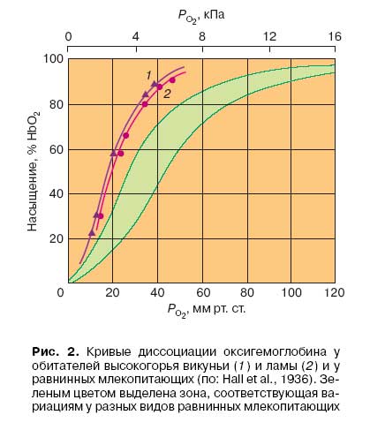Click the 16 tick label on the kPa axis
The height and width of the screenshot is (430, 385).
coord(335,36)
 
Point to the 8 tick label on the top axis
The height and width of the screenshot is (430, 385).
coord(202,36)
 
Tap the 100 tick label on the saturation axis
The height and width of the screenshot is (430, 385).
coord(54,59)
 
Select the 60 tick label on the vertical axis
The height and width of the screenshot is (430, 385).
coord(57,149)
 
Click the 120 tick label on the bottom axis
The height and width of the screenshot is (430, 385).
coord(335,292)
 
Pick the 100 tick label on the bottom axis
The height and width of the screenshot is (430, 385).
coord(291,292)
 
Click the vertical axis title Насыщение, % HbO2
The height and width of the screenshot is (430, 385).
coord(33,171)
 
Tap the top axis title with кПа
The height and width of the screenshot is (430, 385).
coord(201,16)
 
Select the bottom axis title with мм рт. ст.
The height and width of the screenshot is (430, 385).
coord(207,310)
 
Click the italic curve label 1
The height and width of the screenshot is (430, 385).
coord(149,75)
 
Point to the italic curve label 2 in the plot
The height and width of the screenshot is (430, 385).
coord(167,94)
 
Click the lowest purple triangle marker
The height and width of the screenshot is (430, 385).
coord(92,233)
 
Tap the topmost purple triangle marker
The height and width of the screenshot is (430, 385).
coord(155,84)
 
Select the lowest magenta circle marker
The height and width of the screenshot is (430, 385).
coord(101,216)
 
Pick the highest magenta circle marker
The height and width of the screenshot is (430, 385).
coord(172,80)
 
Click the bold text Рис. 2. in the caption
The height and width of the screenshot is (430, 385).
coord(56,351)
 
